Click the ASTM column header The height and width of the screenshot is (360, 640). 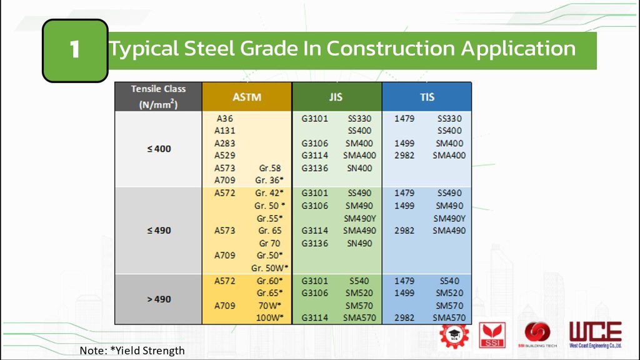click(x=247, y=97)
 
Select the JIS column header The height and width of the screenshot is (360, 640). click(x=336, y=97)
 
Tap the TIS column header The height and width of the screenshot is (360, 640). click(x=427, y=97)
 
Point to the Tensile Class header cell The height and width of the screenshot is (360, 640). click(x=158, y=97)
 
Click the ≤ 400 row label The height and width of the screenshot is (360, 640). click(x=158, y=149)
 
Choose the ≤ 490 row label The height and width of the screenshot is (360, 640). click(x=158, y=231)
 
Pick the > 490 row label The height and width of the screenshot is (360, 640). click(x=158, y=299)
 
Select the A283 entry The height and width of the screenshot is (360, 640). click(x=224, y=143)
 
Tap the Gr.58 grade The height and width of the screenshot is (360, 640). click(x=269, y=168)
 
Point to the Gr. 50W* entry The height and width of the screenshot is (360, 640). click(x=269, y=268)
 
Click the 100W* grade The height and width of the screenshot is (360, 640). click(x=269, y=318)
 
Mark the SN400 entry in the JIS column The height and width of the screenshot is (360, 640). click(x=359, y=168)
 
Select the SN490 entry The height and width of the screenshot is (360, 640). click(x=359, y=243)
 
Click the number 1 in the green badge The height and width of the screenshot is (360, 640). click(x=75, y=50)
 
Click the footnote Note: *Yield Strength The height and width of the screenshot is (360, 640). click(x=132, y=351)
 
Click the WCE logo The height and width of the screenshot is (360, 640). click(x=595, y=335)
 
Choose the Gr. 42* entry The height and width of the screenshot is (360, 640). click(x=269, y=193)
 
